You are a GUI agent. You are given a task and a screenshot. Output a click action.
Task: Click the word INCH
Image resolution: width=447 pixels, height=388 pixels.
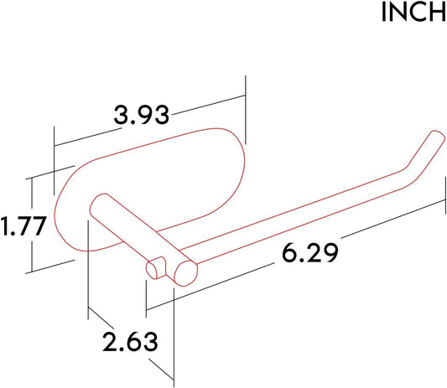pos(414,12)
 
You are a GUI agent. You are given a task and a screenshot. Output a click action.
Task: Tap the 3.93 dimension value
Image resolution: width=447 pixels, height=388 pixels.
pos(142,115)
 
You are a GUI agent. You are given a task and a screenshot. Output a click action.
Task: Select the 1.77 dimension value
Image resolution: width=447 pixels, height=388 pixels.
pos(23,226)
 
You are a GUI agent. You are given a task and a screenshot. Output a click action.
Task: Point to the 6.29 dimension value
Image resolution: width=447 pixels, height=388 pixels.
pos(309,252)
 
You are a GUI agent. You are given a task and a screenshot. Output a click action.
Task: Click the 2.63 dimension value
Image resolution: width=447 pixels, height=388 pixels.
pos(130,341)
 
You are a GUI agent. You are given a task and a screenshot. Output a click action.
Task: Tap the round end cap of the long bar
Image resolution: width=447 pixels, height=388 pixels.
pos(185,273)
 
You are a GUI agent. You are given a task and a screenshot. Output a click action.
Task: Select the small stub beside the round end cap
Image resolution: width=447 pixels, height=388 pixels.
pos(156,268)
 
